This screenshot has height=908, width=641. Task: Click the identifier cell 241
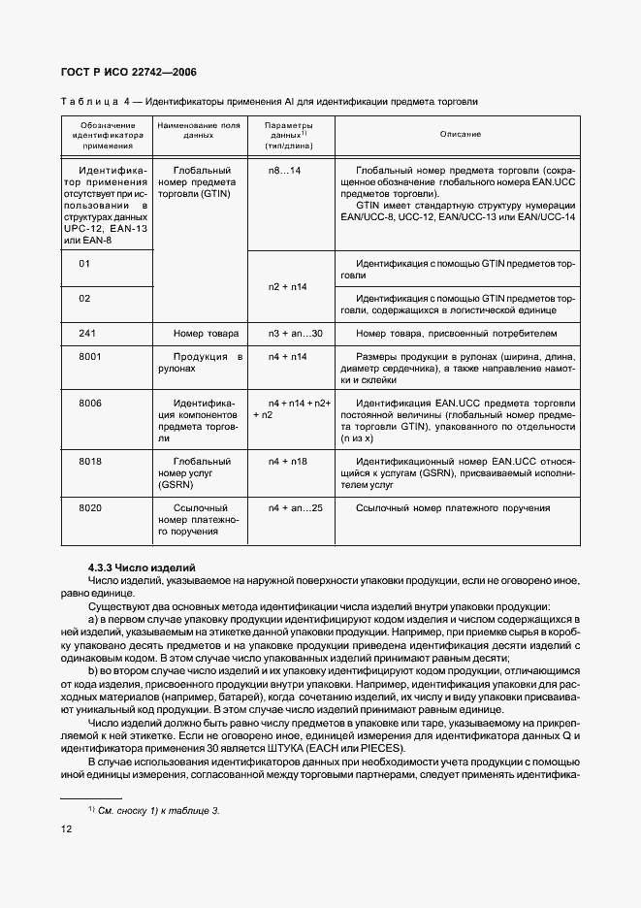[88, 334]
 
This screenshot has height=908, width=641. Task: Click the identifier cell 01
[84, 263]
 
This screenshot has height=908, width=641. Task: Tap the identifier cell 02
[84, 298]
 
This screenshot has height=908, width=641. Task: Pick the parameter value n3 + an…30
[293, 334]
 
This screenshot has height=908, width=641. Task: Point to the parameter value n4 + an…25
[295, 507]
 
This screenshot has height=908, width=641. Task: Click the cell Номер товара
[206, 334]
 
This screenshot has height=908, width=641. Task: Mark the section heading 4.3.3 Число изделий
[142, 566]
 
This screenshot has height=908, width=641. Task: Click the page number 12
[66, 827]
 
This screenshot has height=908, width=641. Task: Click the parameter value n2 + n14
[288, 287]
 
